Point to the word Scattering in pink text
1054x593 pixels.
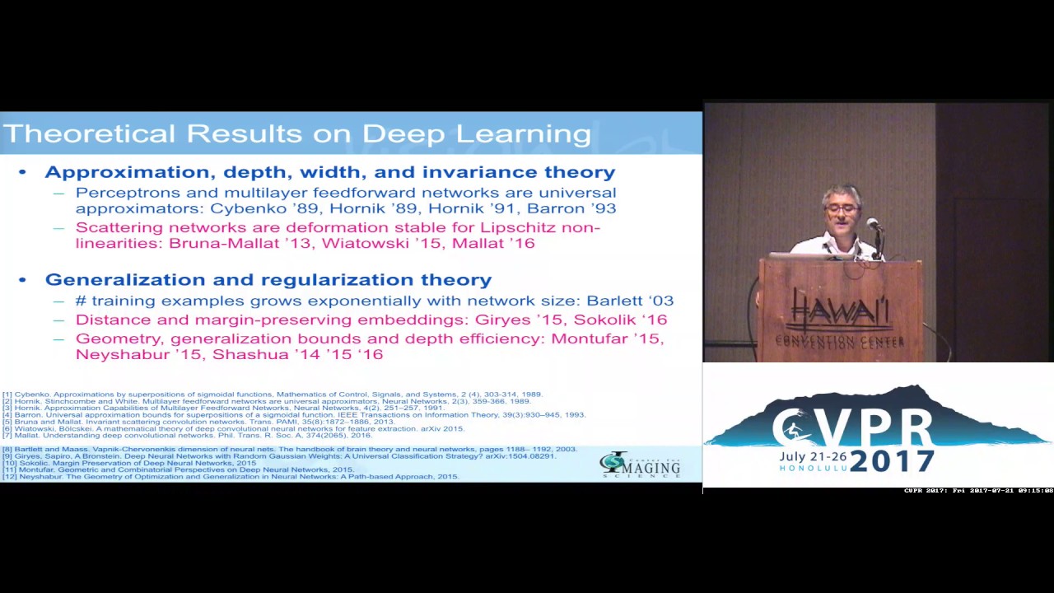tap(117, 227)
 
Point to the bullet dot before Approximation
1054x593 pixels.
tap(23, 172)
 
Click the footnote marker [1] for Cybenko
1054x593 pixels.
tap(7, 395)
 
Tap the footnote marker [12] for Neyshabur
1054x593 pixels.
tap(10, 476)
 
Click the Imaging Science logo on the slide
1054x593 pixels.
tap(640, 465)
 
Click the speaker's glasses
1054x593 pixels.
tap(842, 209)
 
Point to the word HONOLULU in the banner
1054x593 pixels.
tap(811, 468)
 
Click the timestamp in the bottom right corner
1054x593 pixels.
tap(978, 491)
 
